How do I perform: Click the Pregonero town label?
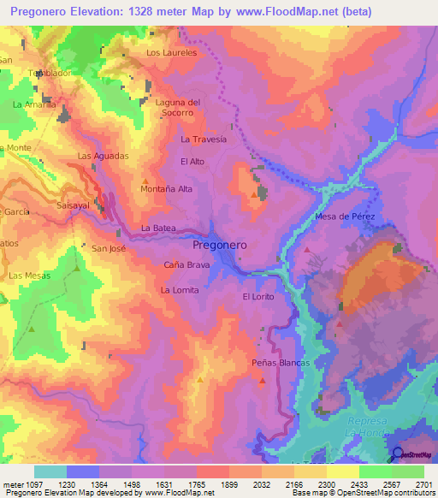pyautogui.click(x=214, y=244)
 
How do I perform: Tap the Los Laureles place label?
pyautogui.click(x=171, y=52)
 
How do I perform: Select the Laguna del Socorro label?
pyautogui.click(x=178, y=108)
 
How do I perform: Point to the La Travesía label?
pyautogui.click(x=204, y=139)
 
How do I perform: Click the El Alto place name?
pyautogui.click(x=192, y=161)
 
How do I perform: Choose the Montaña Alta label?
pyautogui.click(x=166, y=189)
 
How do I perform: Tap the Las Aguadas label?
pyautogui.click(x=103, y=156)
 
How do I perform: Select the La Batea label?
pyautogui.click(x=158, y=228)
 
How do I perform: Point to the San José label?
pyautogui.click(x=109, y=249)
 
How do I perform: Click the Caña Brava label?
pyautogui.click(x=186, y=265)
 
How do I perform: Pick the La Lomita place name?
pyautogui.click(x=180, y=290)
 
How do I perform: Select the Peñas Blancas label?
pyautogui.click(x=280, y=363)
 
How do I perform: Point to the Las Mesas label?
pyautogui.click(x=29, y=276)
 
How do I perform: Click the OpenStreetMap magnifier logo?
pyautogui.click(x=397, y=454)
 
